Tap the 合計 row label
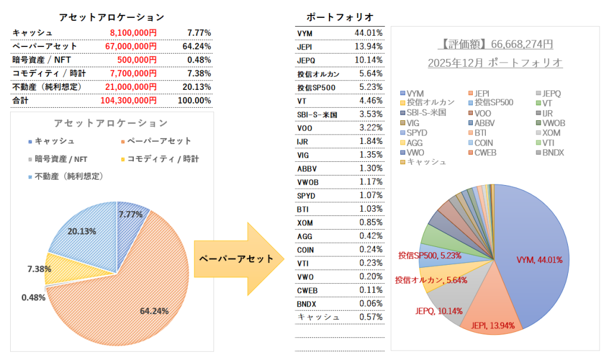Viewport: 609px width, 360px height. (x=21, y=101)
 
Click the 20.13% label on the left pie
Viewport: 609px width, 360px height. (x=83, y=231)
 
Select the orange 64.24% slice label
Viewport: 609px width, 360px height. (x=155, y=311)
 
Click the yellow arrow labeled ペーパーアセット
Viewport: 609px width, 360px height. (x=237, y=259)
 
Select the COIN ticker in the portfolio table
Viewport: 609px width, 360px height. (x=306, y=249)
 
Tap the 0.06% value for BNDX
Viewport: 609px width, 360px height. (x=371, y=303)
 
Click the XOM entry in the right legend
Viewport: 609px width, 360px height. (x=550, y=133)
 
